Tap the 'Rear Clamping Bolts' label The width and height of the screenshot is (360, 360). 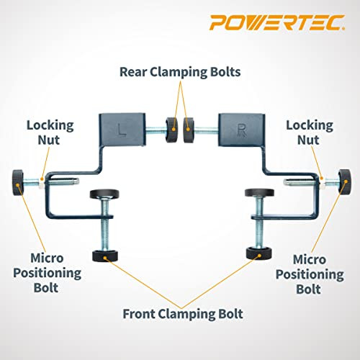coord(179,73)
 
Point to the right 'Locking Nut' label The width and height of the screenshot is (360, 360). coord(310,132)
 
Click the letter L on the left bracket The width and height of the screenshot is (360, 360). coord(124,132)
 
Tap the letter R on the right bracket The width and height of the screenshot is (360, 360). coord(237,132)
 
